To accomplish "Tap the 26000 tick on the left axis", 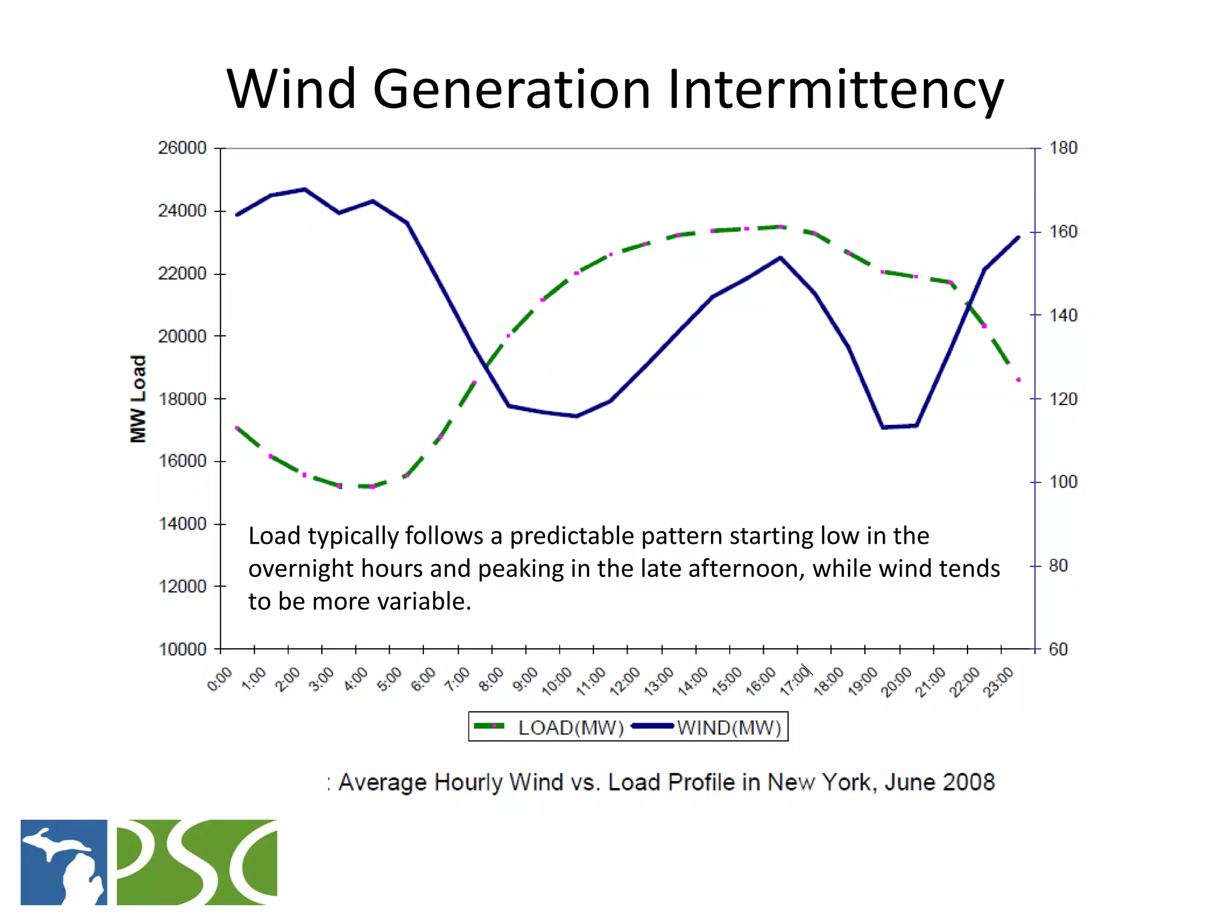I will click(x=182, y=148).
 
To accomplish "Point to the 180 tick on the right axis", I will click(x=1062, y=148).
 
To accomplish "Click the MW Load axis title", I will click(x=138, y=399).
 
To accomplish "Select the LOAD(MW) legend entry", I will click(x=571, y=728).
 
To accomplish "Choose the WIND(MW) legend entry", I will click(x=729, y=728).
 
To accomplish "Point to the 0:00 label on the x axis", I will click(x=220, y=680).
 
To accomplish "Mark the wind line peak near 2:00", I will click(x=304, y=189).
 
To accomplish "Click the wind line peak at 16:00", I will click(x=780, y=258).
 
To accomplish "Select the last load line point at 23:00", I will click(x=1019, y=380).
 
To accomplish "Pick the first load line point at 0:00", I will click(x=237, y=427).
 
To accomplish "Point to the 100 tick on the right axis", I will click(x=1062, y=482).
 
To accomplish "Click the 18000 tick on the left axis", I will click(x=182, y=399).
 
